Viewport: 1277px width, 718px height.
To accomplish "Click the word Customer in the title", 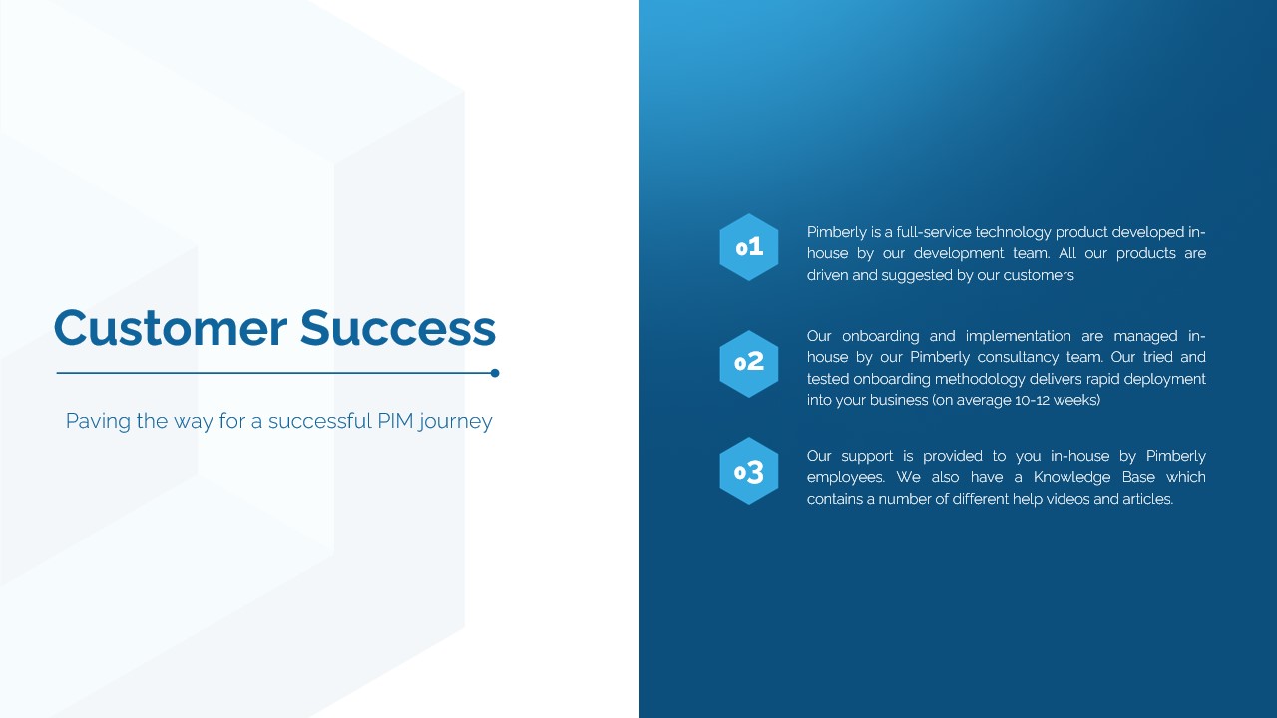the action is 171,328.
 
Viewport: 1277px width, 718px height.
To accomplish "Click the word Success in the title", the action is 398,328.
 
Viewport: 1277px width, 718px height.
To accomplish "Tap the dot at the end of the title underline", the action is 495,373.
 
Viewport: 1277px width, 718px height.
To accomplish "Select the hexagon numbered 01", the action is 749,247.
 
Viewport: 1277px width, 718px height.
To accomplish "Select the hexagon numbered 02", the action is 749,364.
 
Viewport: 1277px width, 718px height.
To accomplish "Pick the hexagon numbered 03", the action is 749,471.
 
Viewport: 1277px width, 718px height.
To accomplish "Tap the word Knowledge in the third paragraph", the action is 1065,478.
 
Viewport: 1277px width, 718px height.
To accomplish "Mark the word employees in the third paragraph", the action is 845,478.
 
